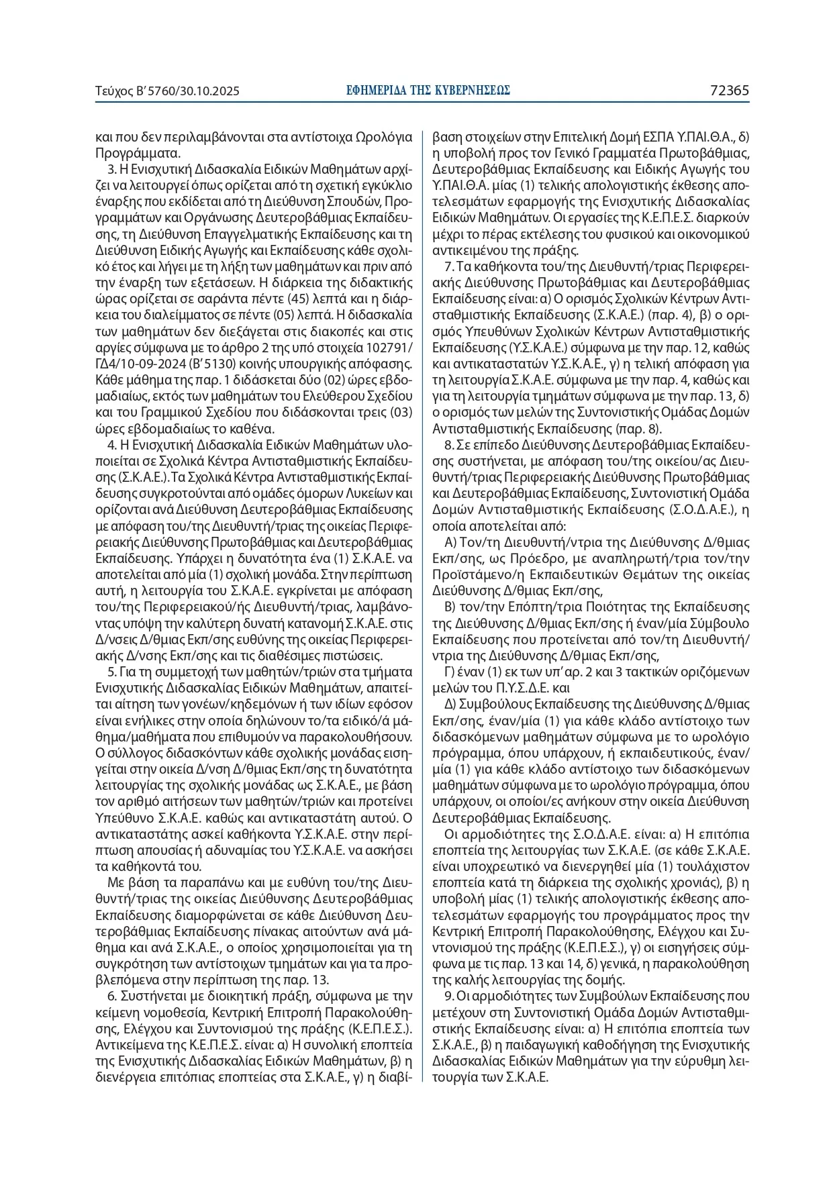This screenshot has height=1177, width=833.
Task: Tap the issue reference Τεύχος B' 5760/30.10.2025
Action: (x=168, y=91)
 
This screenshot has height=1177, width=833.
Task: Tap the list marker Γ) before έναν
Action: (x=450, y=672)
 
